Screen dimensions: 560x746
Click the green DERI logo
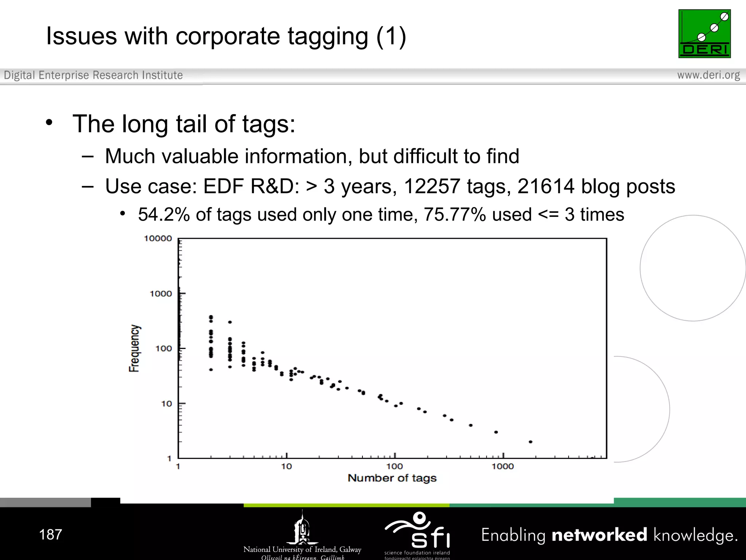tap(704, 34)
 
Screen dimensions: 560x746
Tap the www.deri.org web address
tap(708, 75)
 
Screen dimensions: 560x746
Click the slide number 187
tap(51, 534)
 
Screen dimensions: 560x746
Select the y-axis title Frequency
tap(134, 348)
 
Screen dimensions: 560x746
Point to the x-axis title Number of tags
tap(392, 478)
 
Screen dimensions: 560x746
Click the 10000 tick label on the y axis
tap(158, 238)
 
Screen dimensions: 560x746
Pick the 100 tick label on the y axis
tap(164, 349)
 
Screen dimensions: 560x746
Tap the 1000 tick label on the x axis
tap(503, 466)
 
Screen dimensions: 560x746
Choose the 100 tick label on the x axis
tap(394, 466)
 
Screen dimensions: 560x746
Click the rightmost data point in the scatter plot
tap(530, 442)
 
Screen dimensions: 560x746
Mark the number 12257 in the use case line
tap(432, 186)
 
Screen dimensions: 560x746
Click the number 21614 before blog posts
tap(546, 186)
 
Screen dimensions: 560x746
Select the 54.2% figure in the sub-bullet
tap(164, 214)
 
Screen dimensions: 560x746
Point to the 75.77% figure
tap(455, 214)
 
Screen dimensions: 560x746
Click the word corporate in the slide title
tap(228, 36)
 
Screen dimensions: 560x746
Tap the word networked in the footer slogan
tap(600, 535)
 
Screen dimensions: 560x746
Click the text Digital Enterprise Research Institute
tap(93, 75)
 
